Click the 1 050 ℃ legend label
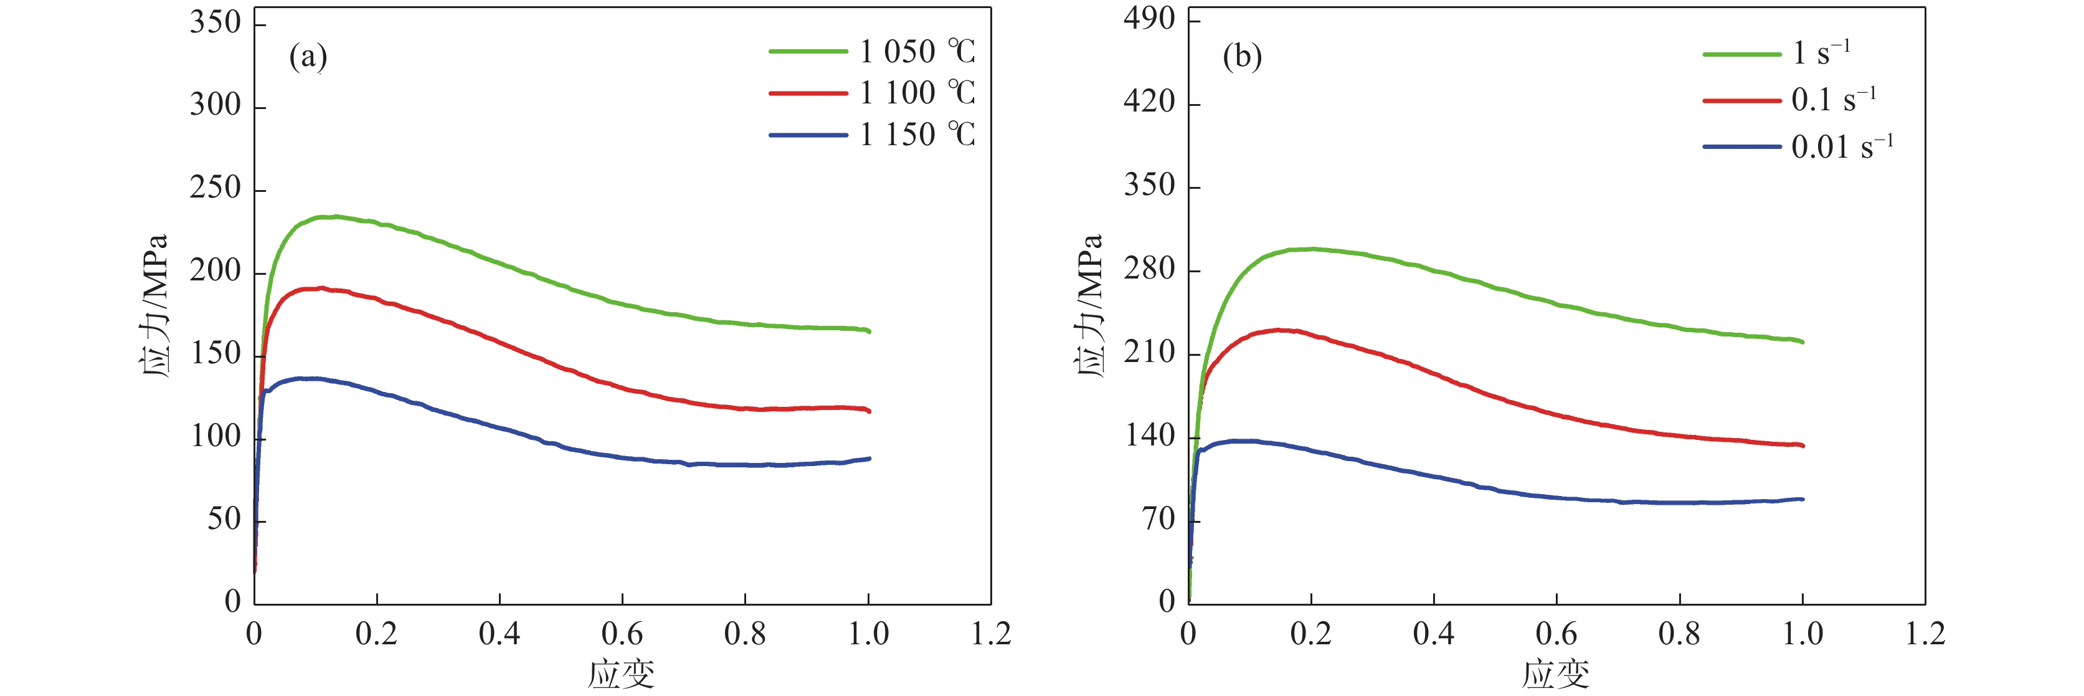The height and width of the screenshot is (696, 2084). point(917,52)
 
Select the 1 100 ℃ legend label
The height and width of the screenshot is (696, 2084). point(917,93)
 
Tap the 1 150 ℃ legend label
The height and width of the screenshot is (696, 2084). point(917,135)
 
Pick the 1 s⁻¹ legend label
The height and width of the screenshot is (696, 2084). point(1821,54)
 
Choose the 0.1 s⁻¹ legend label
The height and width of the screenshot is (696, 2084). point(1833,100)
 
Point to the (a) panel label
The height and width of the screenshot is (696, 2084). point(308,57)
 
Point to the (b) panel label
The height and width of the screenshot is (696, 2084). point(1242,57)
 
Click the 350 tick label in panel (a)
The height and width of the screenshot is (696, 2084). point(216,22)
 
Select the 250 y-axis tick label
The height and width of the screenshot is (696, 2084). point(216,188)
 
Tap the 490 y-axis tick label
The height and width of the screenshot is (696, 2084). point(1149,18)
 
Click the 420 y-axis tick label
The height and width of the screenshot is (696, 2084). point(1149,102)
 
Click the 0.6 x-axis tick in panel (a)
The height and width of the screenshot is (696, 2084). point(622,634)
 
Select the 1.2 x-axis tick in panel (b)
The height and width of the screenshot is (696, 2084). point(1925,634)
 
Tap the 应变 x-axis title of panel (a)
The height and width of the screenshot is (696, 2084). point(622,674)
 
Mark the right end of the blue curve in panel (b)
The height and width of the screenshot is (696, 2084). point(1802,499)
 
